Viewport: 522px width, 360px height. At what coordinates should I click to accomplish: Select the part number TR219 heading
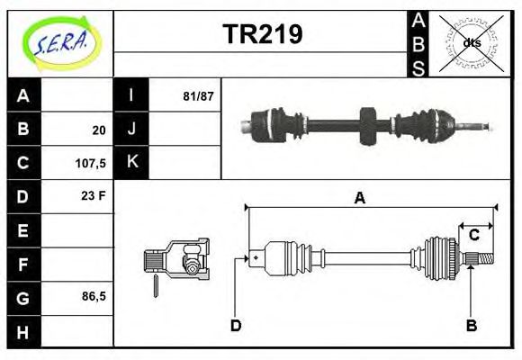click(x=262, y=34)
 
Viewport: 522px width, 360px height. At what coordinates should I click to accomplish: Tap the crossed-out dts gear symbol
click(x=472, y=41)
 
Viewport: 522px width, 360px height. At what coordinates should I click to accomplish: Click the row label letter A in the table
click(x=23, y=96)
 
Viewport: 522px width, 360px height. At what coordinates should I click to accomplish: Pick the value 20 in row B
click(x=99, y=130)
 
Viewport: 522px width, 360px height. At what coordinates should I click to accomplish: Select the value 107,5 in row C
click(x=92, y=164)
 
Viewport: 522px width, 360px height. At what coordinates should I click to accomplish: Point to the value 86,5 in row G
click(x=93, y=296)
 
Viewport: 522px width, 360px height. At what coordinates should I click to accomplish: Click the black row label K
click(x=132, y=163)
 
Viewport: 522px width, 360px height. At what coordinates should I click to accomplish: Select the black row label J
click(x=132, y=130)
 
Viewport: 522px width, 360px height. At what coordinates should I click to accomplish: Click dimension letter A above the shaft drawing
click(x=359, y=199)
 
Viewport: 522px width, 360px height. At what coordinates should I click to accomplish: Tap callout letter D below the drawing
click(x=236, y=325)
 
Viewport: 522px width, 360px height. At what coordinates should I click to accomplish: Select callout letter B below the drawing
click(x=471, y=325)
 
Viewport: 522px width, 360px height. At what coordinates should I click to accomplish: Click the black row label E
click(x=23, y=230)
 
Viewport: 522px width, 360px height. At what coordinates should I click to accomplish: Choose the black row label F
click(x=23, y=264)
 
